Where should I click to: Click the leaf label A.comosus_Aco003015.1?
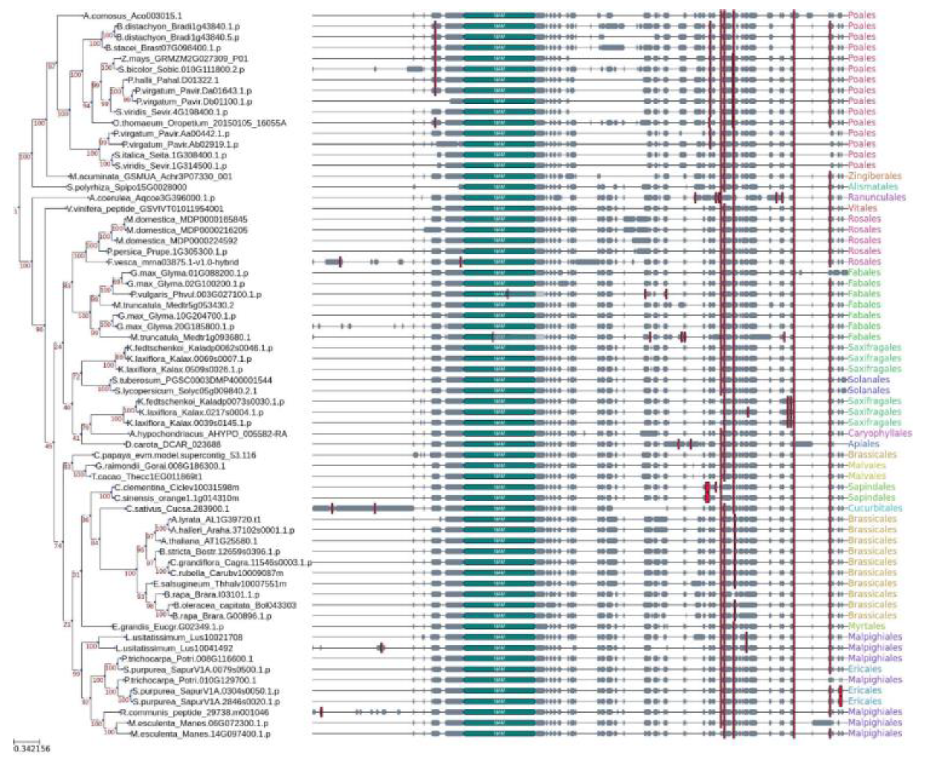pyautogui.click(x=133, y=16)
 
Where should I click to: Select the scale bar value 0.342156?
pyautogui.click(x=31, y=749)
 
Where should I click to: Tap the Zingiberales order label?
pyautogui.click(x=874, y=176)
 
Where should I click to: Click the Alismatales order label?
pyautogui.click(x=873, y=187)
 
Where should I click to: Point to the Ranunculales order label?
pyautogui.click(x=876, y=198)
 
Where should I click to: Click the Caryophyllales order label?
pyautogui.click(x=879, y=433)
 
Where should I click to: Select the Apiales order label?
pyautogui.click(x=863, y=444)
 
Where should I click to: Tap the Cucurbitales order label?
pyautogui.click(x=875, y=508)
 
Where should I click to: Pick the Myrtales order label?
pyautogui.click(x=867, y=626)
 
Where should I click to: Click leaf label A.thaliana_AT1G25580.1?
pyautogui.click(x=209, y=541)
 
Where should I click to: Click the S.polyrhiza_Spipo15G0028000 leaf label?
pyautogui.click(x=127, y=187)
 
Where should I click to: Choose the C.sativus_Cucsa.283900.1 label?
pyautogui.click(x=177, y=509)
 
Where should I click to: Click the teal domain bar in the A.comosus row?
pyautogui.click(x=499, y=16)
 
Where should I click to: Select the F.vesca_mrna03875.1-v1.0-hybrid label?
pyautogui.click(x=173, y=262)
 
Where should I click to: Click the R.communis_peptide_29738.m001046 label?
pyautogui.click(x=194, y=713)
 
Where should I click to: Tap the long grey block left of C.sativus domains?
pyautogui.click(x=363, y=508)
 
